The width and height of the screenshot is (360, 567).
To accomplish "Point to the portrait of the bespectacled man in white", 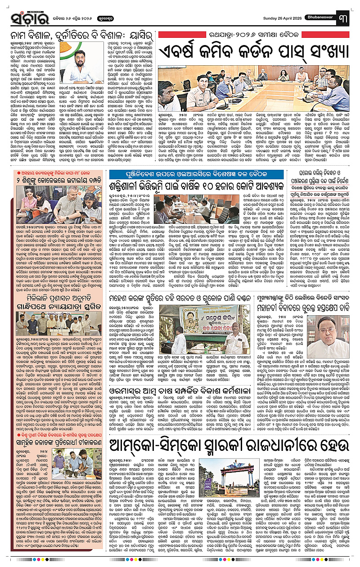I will point(334,322).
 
